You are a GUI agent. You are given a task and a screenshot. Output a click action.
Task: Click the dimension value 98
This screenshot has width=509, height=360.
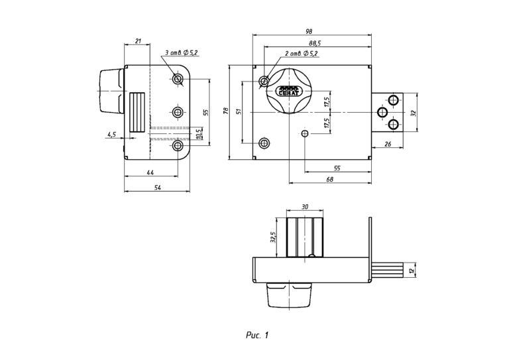(310, 30)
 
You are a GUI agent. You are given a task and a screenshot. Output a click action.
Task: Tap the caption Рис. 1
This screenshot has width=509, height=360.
(256, 334)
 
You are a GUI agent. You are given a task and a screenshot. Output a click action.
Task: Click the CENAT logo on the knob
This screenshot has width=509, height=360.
(288, 90)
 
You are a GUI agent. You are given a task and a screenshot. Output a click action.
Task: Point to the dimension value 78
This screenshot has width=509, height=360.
(225, 112)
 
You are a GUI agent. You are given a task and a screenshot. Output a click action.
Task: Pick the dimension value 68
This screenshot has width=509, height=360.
(329, 178)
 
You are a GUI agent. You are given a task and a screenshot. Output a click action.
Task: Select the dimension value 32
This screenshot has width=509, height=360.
(414, 113)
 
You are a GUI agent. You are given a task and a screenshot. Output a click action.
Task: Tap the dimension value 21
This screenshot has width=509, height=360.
(138, 41)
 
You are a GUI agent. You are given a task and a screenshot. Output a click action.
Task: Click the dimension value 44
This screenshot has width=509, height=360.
(150, 172)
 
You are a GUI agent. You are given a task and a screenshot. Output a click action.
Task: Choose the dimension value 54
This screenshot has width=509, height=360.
(157, 188)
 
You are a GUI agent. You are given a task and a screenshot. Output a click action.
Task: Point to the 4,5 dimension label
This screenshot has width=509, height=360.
(111, 134)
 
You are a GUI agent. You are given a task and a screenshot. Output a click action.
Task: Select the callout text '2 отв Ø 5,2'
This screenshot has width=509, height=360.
(302, 53)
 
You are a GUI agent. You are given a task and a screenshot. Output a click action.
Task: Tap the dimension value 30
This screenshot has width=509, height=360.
(305, 207)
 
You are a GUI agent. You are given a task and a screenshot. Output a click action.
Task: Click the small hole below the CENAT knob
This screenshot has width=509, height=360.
(305, 134)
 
